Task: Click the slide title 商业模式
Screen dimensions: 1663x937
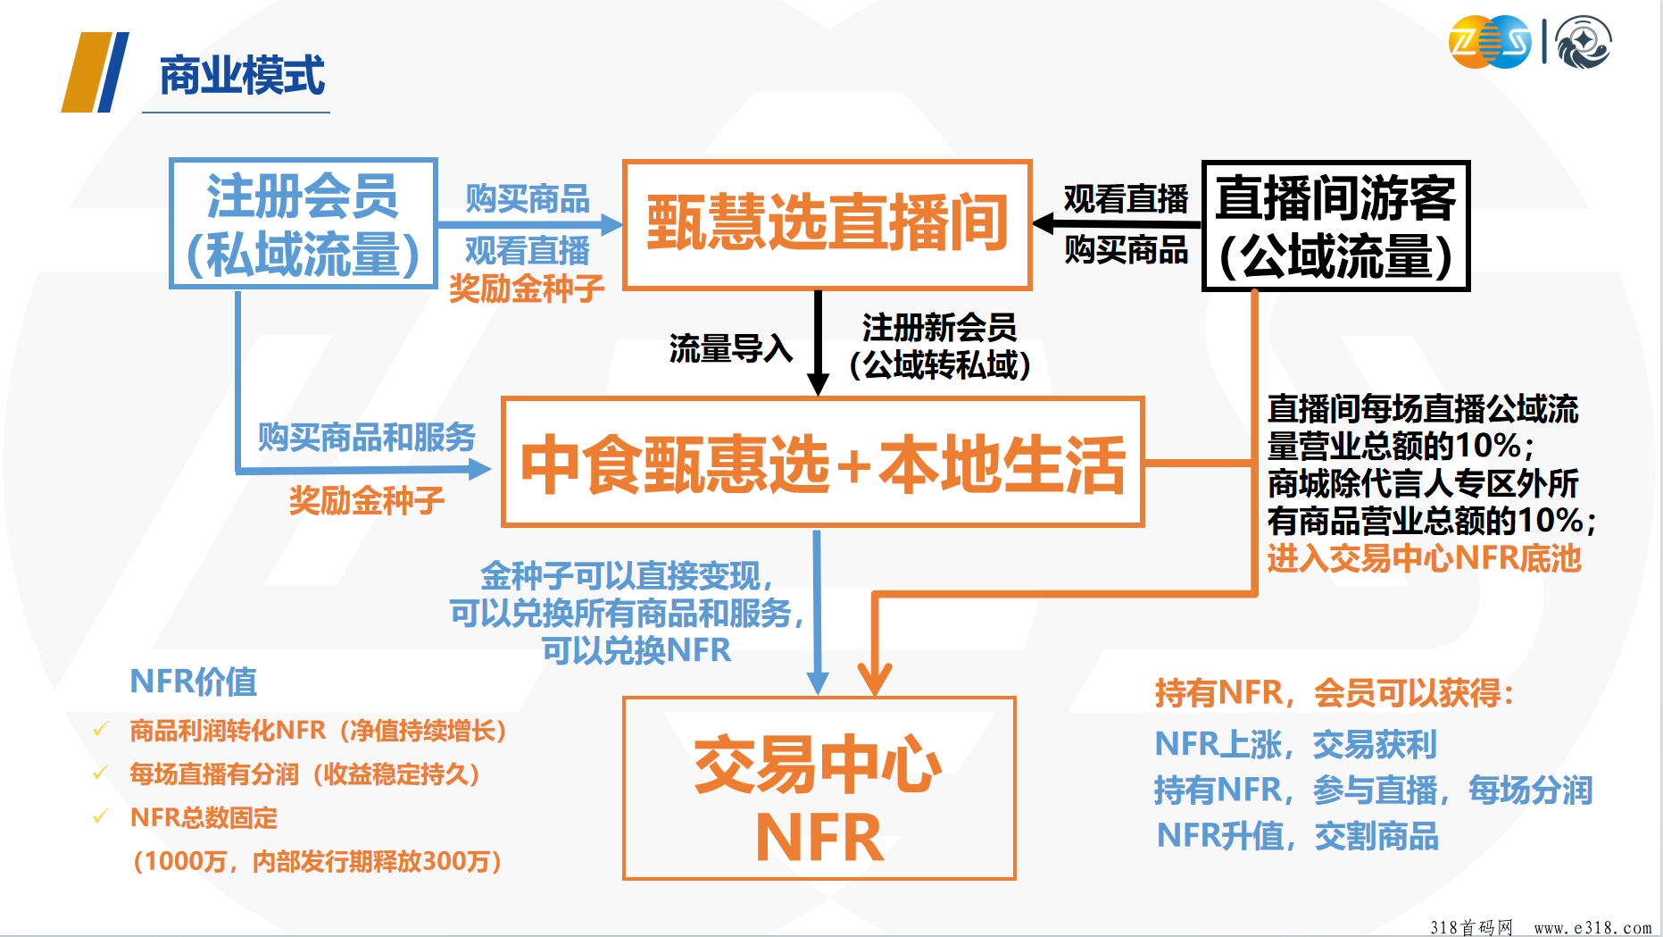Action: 242,76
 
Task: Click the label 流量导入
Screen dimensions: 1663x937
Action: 731,348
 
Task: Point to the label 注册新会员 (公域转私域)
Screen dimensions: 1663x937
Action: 940,346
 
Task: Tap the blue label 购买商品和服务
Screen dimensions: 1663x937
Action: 367,438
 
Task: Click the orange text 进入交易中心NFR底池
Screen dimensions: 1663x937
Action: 1424,558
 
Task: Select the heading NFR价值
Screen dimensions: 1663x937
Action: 193,682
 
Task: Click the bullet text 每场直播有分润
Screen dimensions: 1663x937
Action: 214,774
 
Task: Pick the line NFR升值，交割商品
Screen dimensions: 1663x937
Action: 1298,836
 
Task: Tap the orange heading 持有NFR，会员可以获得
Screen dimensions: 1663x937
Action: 1334,692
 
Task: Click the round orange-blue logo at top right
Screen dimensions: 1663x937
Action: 1490,42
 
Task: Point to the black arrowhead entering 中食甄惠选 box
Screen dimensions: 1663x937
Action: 818,385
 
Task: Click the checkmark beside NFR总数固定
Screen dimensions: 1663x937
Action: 101,816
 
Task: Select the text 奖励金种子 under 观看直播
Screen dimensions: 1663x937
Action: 527,289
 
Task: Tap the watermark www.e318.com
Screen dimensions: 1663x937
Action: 1592,928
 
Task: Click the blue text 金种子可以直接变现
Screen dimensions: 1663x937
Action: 627,576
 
